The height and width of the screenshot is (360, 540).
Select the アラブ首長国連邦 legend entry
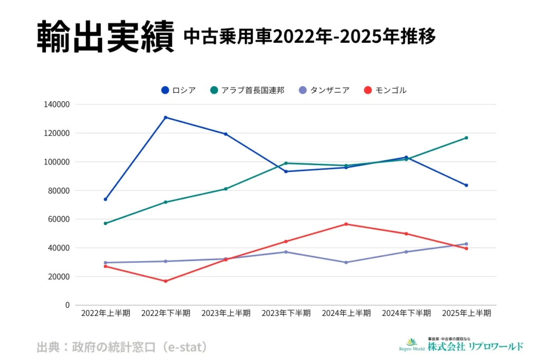click(247, 90)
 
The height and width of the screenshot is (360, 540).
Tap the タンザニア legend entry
click(324, 90)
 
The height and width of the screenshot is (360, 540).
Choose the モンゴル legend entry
click(385, 90)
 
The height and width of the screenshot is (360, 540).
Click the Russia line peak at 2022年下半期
click(166, 117)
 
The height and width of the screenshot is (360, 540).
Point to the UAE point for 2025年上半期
click(466, 138)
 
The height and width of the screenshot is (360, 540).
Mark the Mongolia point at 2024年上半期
click(346, 224)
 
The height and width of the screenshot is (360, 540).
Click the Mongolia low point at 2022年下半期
click(166, 281)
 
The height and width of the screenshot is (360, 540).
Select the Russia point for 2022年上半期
click(105, 199)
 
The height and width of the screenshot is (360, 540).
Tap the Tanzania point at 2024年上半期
click(346, 262)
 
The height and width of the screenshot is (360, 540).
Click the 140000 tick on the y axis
click(57, 104)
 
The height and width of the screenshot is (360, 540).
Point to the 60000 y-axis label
click(60, 219)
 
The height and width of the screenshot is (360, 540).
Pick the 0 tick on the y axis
click(67, 305)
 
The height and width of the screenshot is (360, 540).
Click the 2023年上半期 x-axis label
click(226, 313)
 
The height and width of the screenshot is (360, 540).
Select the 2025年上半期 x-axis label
click(466, 313)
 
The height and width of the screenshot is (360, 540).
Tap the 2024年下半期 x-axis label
click(406, 313)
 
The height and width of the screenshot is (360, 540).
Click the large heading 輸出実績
click(105, 37)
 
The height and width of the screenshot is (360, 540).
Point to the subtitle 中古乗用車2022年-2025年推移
click(310, 37)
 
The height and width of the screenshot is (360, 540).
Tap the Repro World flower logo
click(411, 342)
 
